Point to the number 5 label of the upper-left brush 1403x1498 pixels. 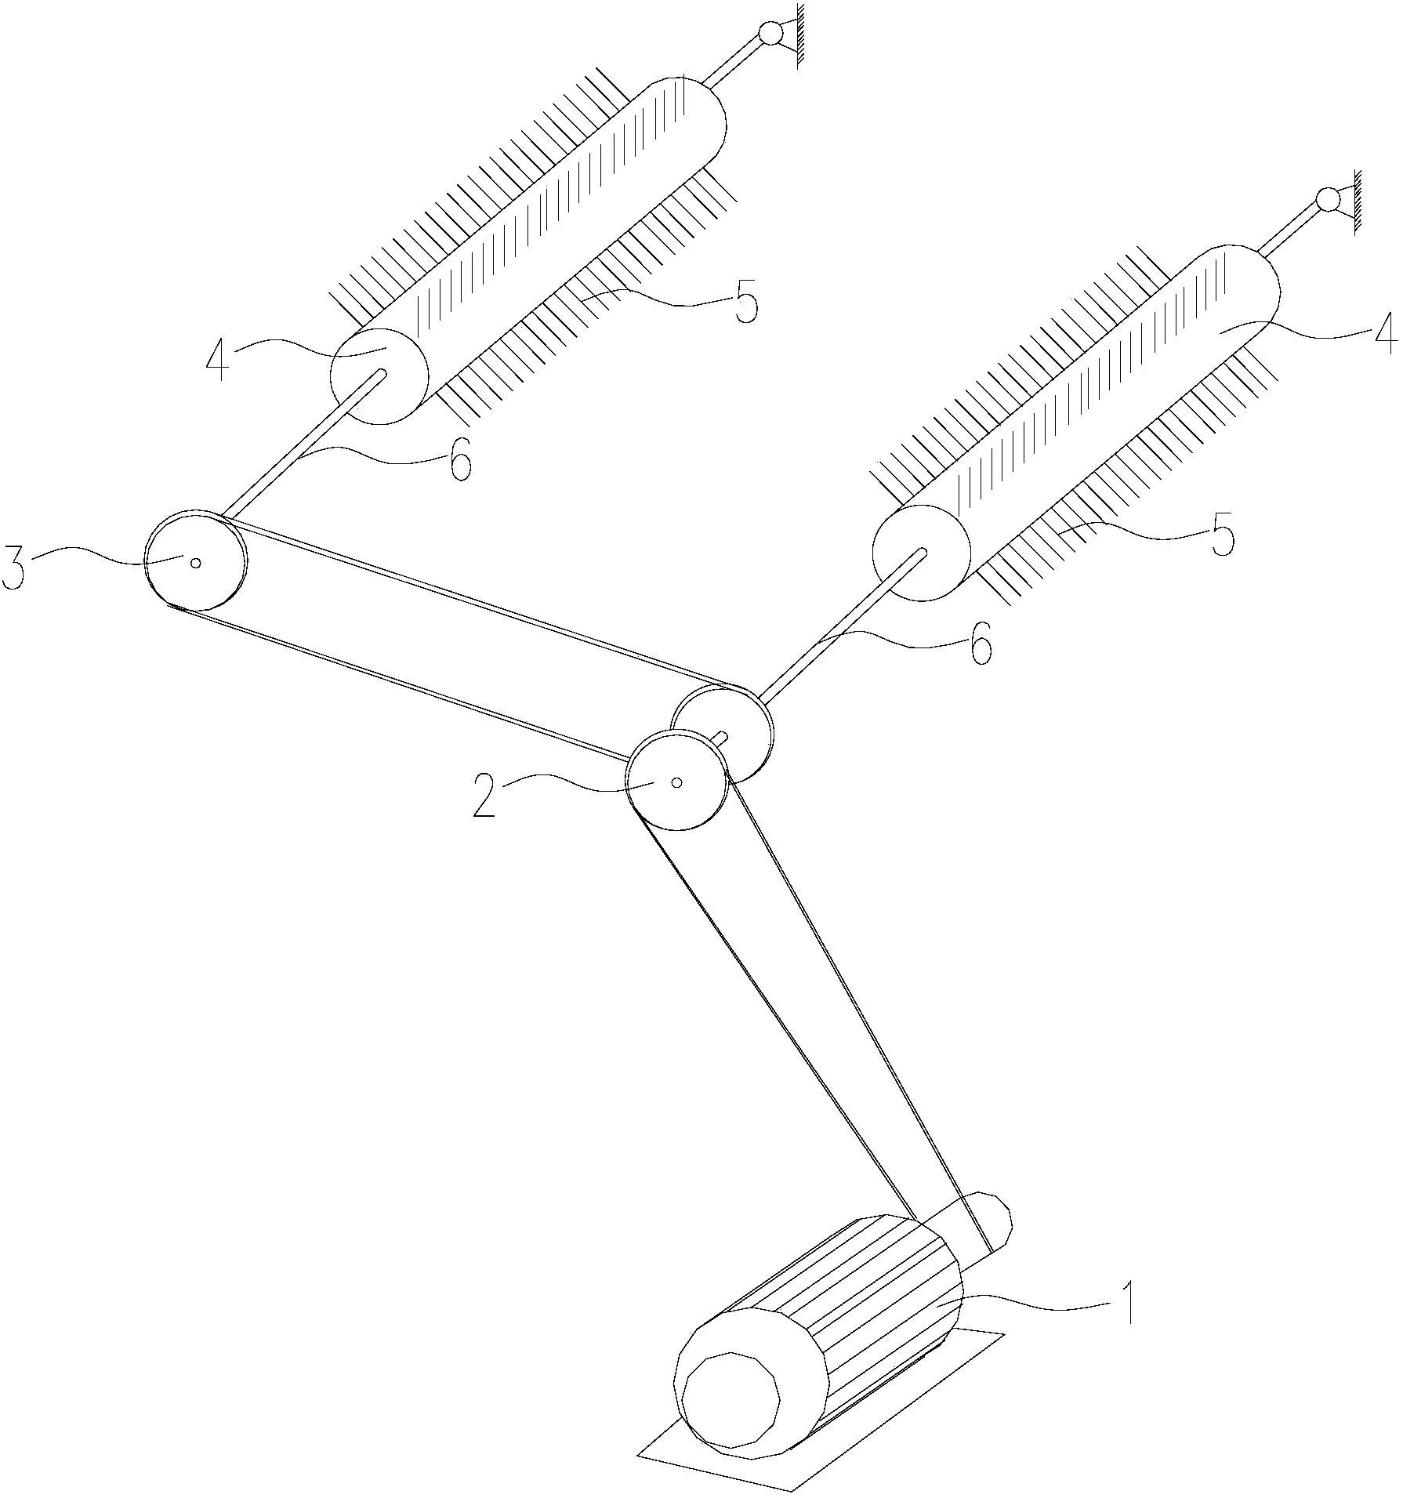point(745,303)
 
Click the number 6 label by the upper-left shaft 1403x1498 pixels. point(460,461)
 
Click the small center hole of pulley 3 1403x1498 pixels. point(195,562)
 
